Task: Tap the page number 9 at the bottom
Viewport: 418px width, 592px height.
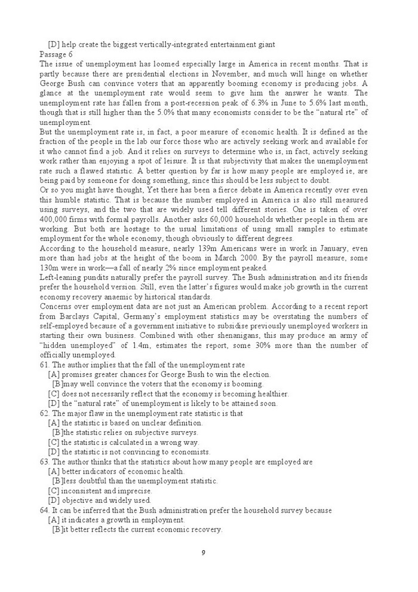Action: pyautogui.click(x=204, y=552)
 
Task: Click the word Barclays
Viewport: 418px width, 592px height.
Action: pyautogui.click(x=77, y=316)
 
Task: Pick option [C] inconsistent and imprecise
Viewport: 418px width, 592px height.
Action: pyautogui.click(x=97, y=491)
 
